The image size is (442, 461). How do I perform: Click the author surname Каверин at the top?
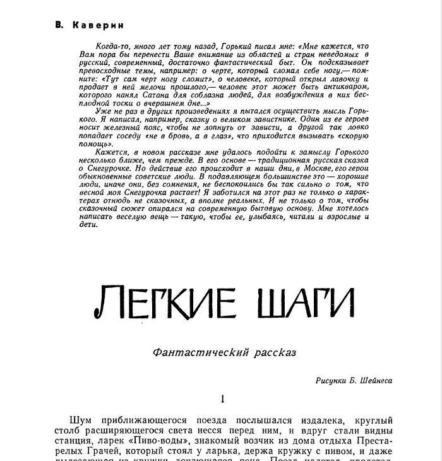pos(97,25)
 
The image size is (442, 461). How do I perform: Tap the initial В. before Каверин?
pos(59,25)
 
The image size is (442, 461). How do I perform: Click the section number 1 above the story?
pos(222,399)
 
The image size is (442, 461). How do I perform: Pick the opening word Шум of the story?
pos(81,420)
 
